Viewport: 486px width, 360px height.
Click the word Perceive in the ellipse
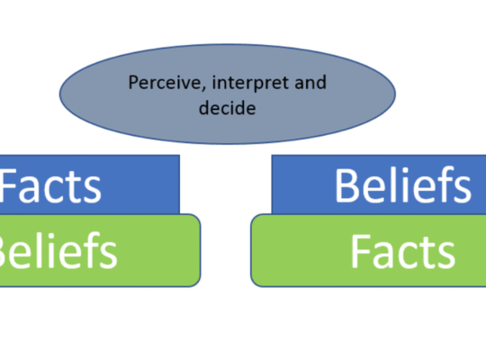pyautogui.click(x=166, y=83)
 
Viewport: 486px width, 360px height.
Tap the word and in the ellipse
pyautogui.click(x=310, y=82)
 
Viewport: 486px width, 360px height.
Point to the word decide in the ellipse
pyautogui.click(x=227, y=108)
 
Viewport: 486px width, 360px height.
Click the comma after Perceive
pyautogui.click(x=204, y=89)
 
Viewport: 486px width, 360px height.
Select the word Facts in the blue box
pyautogui.click(x=50, y=186)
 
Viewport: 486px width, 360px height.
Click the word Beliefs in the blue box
pyautogui.click(x=403, y=185)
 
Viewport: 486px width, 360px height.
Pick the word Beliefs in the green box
pyautogui.click(x=58, y=250)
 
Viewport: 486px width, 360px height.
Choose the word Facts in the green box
pyautogui.click(x=403, y=251)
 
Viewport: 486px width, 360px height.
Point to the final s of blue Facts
pyautogui.click(x=92, y=192)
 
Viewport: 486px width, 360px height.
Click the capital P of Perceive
pyautogui.click(x=133, y=83)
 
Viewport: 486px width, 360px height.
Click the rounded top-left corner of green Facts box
pyautogui.click(x=255, y=218)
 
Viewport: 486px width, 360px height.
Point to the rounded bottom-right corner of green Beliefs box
pyautogui.click(x=196, y=283)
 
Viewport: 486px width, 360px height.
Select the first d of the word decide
pyautogui.click(x=205, y=108)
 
